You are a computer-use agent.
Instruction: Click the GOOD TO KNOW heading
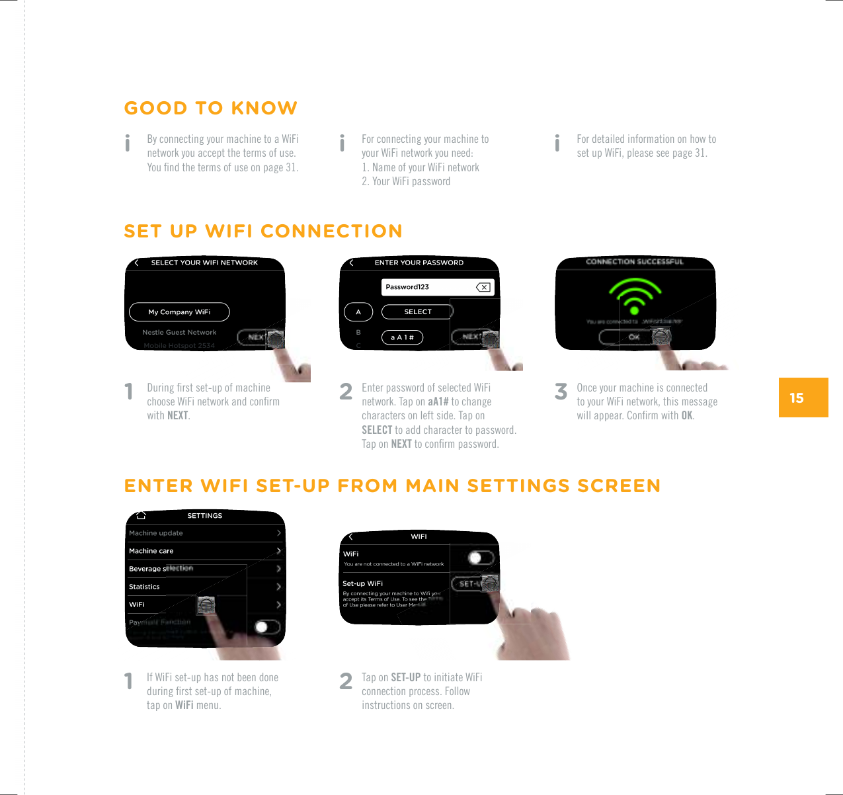(x=210, y=108)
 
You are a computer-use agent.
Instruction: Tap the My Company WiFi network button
(x=179, y=312)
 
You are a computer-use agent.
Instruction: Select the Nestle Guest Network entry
(x=179, y=333)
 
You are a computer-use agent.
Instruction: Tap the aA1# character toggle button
(x=401, y=338)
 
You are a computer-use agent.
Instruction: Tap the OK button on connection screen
(x=633, y=337)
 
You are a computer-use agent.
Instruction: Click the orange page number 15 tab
(x=803, y=397)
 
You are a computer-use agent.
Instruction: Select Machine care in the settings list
(x=151, y=551)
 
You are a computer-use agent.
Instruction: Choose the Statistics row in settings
(x=144, y=587)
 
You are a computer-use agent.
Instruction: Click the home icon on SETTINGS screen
(x=141, y=516)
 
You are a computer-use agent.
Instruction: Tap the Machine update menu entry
(x=156, y=533)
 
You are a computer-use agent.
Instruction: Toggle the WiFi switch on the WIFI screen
(x=480, y=558)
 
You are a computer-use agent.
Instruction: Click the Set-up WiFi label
(x=362, y=583)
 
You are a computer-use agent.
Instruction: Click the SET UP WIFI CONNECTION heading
(x=262, y=231)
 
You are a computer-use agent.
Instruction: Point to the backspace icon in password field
(x=483, y=287)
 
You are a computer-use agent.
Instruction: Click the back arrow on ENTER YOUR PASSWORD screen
(x=351, y=263)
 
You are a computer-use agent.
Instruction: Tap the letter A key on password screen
(x=358, y=312)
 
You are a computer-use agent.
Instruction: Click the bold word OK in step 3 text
(x=687, y=416)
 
